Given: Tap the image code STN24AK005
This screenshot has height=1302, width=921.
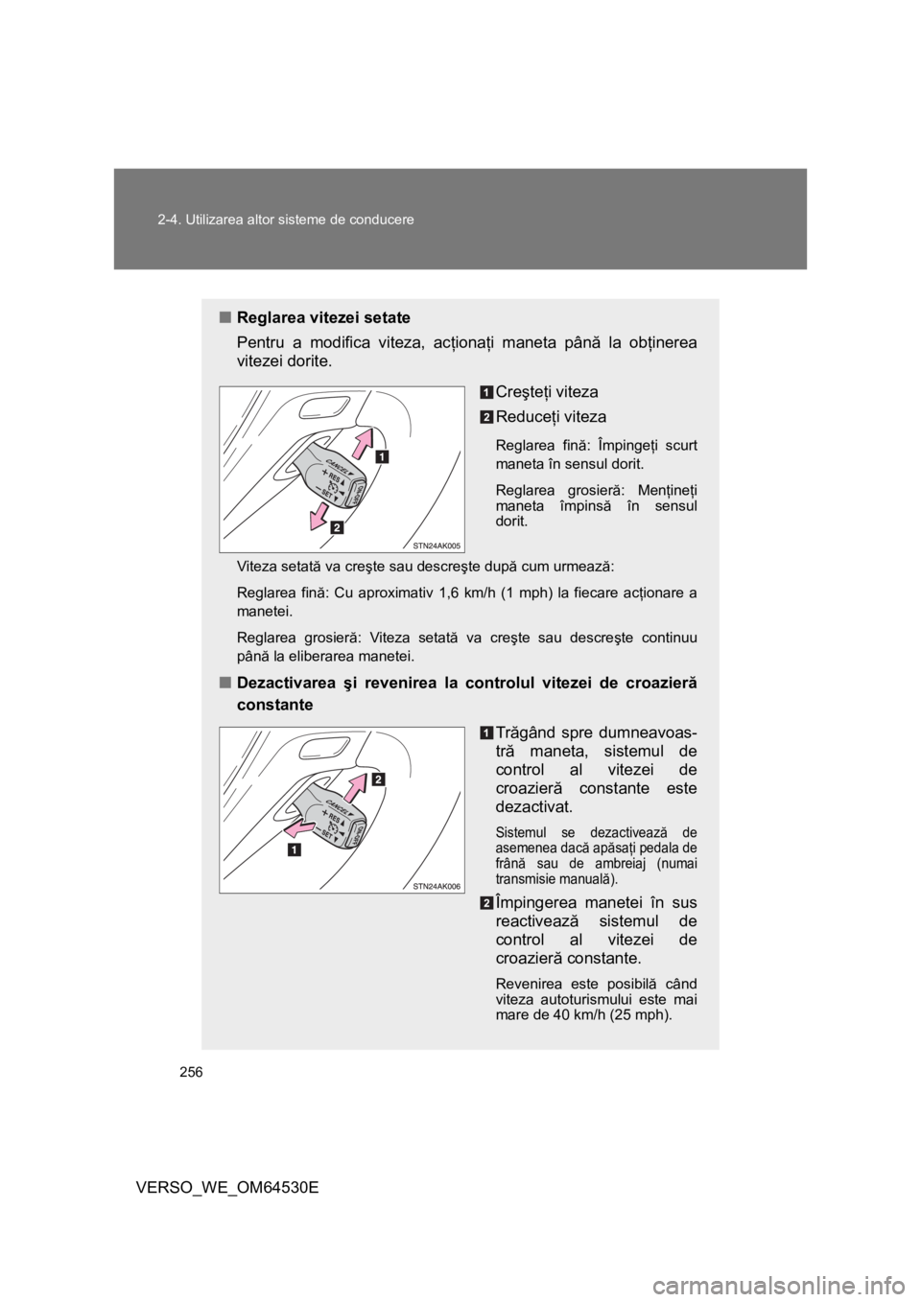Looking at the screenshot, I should tap(437, 545).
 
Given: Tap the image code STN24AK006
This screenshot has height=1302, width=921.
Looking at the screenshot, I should tap(437, 886).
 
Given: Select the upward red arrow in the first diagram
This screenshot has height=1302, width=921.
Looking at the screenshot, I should tap(357, 446).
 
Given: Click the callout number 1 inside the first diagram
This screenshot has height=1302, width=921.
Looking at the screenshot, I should tap(381, 457).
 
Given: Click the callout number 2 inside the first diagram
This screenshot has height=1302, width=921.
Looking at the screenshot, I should tap(337, 527).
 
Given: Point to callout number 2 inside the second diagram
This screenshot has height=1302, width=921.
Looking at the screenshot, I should tap(379, 780).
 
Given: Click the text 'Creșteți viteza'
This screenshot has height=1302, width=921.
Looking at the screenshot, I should tap(547, 391).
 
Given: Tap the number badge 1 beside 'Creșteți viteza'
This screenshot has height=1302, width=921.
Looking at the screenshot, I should tap(487, 391).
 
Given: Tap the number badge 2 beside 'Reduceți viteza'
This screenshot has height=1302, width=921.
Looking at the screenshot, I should tap(487, 416).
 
